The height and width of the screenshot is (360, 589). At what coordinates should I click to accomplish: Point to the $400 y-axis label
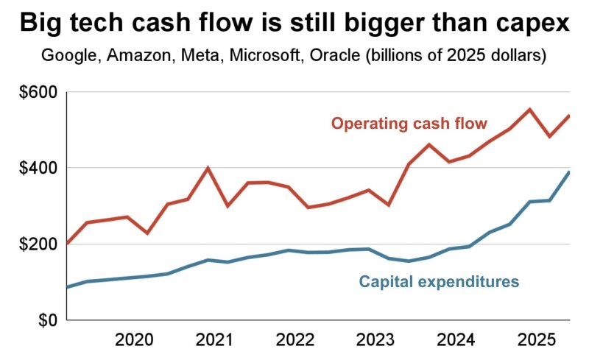39,168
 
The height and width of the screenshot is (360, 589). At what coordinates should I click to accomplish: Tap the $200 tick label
39,244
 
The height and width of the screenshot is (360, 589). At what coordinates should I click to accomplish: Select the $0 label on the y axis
47,321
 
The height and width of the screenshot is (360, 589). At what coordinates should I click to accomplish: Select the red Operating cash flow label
409,124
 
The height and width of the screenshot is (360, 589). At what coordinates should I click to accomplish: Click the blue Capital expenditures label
440,281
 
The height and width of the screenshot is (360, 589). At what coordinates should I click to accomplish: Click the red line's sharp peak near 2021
208,168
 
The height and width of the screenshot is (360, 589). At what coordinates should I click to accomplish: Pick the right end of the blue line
569,172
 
